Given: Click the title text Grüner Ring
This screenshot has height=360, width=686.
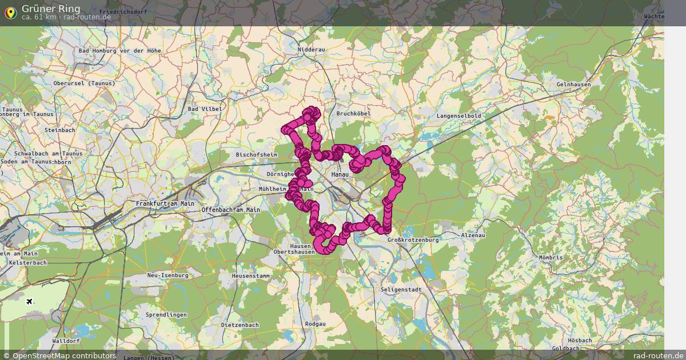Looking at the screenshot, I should coord(51,9).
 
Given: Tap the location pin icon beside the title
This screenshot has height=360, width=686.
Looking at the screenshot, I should coord(10,12).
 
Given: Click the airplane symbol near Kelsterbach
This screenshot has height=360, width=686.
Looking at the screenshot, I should coord(29,301).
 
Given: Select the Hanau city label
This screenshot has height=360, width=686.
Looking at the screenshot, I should coord(340,173).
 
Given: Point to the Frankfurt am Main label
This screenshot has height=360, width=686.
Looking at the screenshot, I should coord(165,203).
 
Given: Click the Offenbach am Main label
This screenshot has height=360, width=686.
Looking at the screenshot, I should coord(230,210).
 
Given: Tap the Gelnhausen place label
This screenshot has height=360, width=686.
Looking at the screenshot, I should coord(573,85).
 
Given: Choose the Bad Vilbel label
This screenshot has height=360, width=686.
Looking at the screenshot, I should coord(205,109).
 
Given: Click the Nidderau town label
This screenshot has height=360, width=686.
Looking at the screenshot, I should coord(311,50).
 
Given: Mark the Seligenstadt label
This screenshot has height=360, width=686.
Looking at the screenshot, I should coord(401,290).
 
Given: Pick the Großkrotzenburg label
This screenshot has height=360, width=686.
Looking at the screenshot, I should coord(413,240).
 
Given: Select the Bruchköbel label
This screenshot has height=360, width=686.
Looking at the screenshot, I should coord(353,113).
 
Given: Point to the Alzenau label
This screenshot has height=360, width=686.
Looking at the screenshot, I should coord(473,235).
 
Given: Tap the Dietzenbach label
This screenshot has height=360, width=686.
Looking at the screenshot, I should coord(240,325).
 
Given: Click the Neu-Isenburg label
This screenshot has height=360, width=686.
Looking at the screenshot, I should coord(167,275).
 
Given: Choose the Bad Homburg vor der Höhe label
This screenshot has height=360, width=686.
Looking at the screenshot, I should coord(120,50).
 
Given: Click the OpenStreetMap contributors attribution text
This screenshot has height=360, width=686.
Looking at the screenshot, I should coord(59,355).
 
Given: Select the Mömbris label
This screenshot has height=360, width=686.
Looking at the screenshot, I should coord(551,257).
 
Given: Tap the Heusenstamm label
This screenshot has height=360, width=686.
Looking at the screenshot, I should coord(250,275).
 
